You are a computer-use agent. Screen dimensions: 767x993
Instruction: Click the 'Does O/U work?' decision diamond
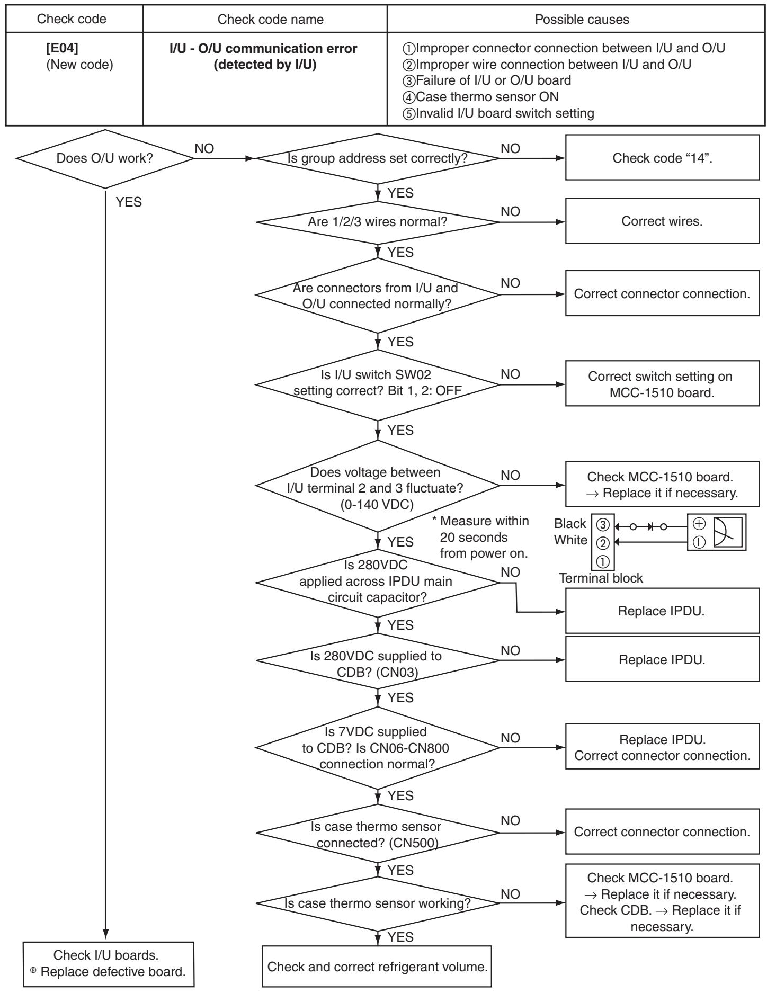pos(106,158)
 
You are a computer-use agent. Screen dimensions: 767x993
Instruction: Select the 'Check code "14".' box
pos(662,158)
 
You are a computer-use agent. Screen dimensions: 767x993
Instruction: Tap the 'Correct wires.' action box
pos(662,221)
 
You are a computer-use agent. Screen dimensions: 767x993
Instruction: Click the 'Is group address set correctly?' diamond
pos(378,158)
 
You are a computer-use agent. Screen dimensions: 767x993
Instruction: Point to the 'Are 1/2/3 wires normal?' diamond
pos(378,222)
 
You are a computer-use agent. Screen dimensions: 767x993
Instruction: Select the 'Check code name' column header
pos(265,20)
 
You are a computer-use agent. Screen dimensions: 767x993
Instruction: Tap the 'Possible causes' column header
pos(578,20)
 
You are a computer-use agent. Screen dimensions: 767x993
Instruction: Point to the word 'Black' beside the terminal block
pos(570,524)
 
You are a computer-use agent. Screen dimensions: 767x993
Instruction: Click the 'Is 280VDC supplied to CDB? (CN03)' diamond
pos(378,660)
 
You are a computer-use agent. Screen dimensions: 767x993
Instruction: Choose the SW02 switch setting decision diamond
pos(378,384)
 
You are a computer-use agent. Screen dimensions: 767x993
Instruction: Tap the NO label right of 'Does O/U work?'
pos(205,149)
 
